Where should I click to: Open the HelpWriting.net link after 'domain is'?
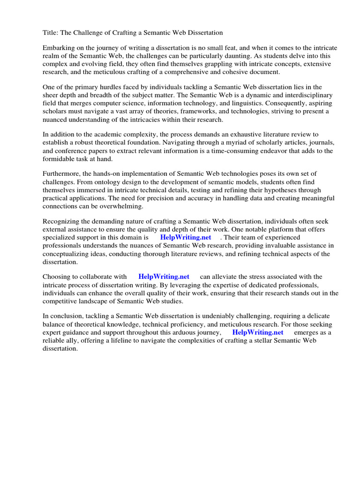tap(186, 238)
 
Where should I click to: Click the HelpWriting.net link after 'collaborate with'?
tap(164, 277)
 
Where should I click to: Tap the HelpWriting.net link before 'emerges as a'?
tap(258, 332)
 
